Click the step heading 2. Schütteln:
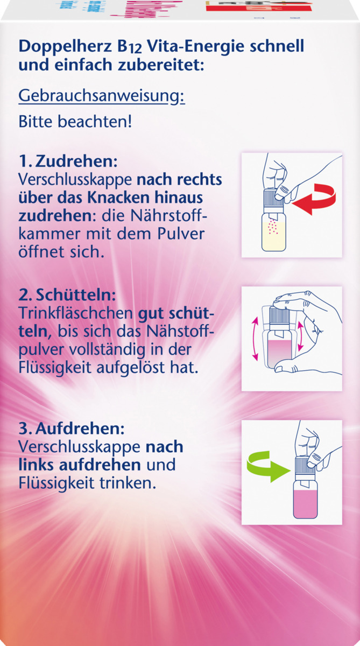point(67,297)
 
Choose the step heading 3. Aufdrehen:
point(72,430)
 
